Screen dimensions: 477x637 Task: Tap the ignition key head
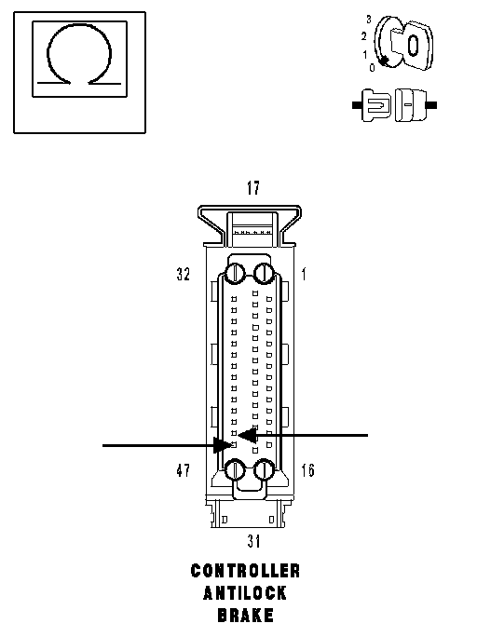(413, 45)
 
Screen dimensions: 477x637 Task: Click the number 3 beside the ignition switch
(369, 20)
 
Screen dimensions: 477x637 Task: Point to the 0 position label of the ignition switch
(372, 68)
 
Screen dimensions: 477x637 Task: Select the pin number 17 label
(253, 188)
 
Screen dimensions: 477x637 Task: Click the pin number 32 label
(184, 274)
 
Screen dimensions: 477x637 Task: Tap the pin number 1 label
(304, 274)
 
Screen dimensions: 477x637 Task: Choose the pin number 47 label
(184, 470)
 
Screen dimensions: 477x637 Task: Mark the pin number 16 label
(308, 470)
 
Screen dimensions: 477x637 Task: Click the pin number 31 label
(253, 541)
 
